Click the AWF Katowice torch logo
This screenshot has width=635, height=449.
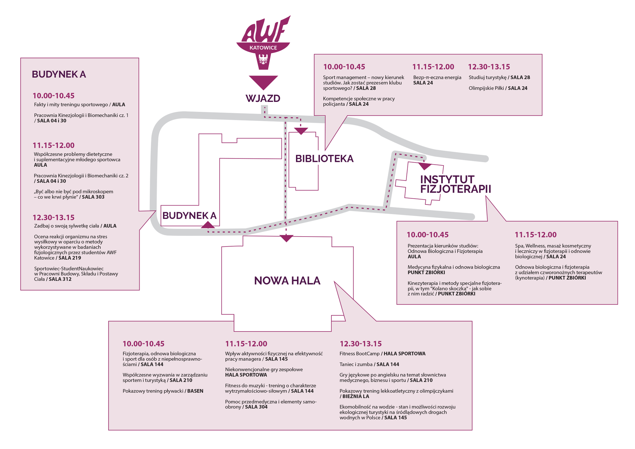point(263,43)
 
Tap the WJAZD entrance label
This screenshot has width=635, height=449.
point(263,98)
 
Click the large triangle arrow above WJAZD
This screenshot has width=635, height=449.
point(263,82)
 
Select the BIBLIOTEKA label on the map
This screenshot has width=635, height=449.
point(324,158)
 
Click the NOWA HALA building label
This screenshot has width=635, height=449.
point(287,281)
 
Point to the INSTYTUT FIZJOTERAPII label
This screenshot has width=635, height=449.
point(455,184)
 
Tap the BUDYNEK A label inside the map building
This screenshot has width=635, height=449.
point(189,215)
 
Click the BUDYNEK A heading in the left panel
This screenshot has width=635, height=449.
point(59,74)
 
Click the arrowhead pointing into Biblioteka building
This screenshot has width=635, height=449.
point(301,131)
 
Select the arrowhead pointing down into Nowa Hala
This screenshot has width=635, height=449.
point(286,238)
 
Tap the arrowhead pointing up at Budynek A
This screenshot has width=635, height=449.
point(208,225)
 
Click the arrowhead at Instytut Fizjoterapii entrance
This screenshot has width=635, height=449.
point(425,166)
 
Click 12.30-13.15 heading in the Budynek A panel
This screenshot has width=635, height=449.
point(53,217)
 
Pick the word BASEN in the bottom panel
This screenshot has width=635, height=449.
point(195,391)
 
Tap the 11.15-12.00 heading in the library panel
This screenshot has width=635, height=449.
point(433,67)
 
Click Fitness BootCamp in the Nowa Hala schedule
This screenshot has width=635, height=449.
point(360,354)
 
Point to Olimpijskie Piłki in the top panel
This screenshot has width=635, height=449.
point(486,88)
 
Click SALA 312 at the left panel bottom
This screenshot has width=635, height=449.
point(60,279)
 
